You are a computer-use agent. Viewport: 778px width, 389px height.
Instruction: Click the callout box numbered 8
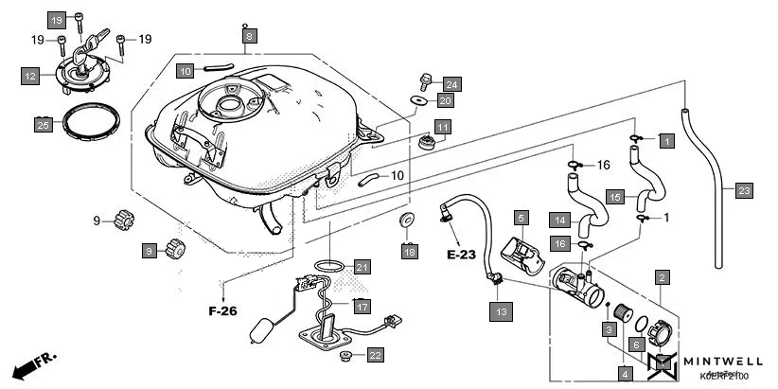tap(249, 37)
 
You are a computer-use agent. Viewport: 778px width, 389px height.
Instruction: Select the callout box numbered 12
tap(30, 76)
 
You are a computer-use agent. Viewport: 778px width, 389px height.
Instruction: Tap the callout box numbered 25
tap(43, 124)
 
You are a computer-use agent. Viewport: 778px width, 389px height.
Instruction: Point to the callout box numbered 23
tap(744, 191)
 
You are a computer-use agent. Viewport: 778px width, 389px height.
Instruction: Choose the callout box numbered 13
tap(501, 309)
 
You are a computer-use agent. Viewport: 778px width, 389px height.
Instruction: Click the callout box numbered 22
tap(376, 356)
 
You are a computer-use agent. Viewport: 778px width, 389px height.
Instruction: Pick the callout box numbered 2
tap(663, 277)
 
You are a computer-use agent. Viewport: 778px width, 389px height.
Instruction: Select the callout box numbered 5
tap(521, 219)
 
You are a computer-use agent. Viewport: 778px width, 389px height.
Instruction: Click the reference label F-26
tap(223, 309)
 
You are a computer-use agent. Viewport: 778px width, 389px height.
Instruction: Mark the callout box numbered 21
tap(362, 267)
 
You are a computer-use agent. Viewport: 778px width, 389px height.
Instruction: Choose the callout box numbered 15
tap(615, 197)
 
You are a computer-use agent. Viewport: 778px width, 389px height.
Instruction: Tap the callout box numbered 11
tap(442, 126)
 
